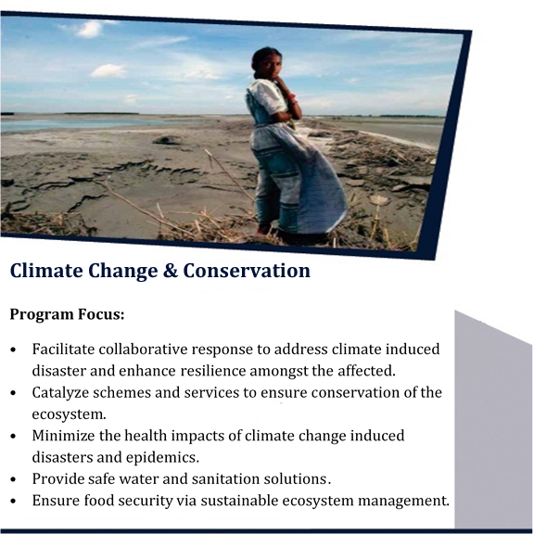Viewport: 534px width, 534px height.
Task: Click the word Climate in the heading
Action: (46, 271)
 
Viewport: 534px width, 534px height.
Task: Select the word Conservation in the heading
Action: (247, 271)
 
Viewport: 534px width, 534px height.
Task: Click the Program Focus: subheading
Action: (67, 314)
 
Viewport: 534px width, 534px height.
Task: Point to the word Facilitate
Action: (63, 350)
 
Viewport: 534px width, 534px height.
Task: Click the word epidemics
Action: (162, 458)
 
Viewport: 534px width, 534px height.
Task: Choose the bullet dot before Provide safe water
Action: (13, 480)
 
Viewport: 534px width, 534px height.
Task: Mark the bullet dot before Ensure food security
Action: (13, 502)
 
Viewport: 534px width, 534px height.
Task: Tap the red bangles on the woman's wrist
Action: (290, 98)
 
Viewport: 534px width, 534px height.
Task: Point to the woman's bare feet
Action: (264, 229)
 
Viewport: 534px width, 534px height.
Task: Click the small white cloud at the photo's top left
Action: (89, 29)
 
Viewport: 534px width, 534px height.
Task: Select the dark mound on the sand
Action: (167, 140)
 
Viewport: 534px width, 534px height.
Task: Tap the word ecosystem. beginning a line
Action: (70, 414)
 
